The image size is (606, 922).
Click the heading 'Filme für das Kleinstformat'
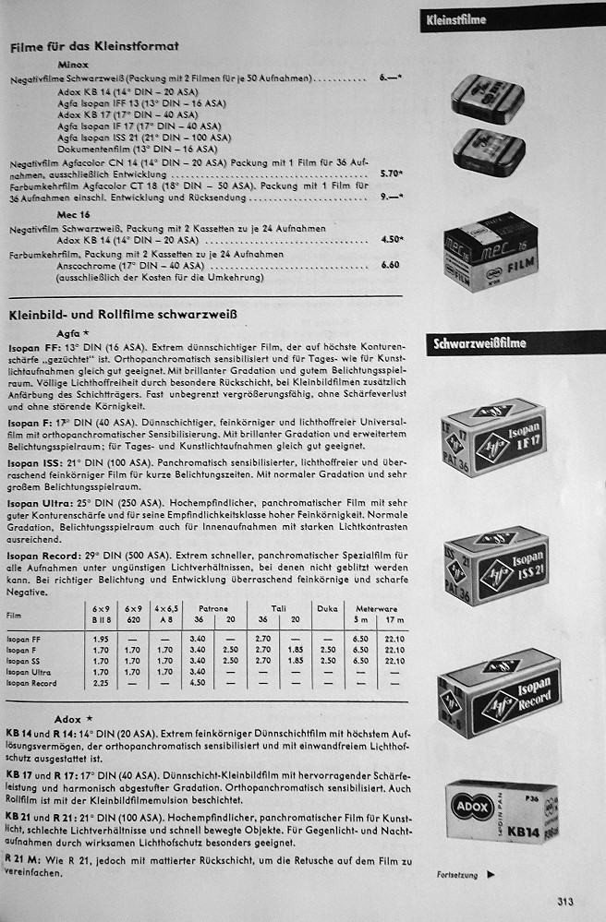93,45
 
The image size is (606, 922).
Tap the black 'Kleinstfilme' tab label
455,19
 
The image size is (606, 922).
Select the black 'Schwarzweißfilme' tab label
479,343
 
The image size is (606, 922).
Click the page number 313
567,903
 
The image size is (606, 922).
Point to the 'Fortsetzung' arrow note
466,874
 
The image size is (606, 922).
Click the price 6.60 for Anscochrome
390,264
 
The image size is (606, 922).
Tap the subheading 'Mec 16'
74,214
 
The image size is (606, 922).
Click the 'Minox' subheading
73,66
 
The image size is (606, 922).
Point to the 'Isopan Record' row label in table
31,684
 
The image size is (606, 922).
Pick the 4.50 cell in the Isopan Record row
197,684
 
